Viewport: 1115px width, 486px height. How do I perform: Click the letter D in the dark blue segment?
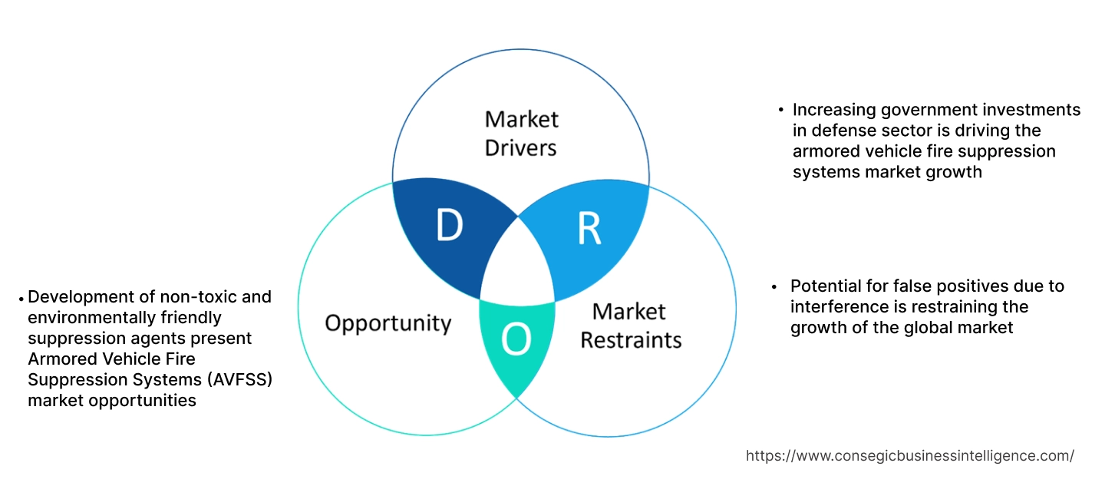click(x=450, y=224)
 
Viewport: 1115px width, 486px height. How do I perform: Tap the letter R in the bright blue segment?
click(x=589, y=228)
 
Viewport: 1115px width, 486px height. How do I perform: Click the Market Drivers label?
click(x=522, y=133)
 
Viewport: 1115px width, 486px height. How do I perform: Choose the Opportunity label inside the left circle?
click(x=388, y=322)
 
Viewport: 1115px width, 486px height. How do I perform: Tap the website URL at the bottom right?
click(x=910, y=455)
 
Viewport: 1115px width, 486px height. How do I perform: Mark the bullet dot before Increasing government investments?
click(x=780, y=110)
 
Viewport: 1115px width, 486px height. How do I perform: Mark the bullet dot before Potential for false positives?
click(x=776, y=286)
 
